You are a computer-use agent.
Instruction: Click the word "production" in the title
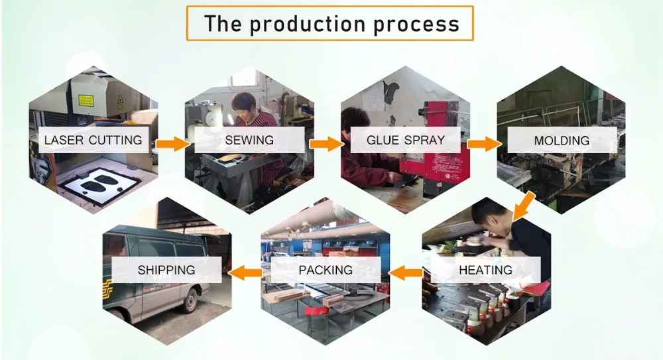point(307,24)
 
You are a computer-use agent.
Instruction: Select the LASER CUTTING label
point(93,140)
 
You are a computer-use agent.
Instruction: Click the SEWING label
point(249,140)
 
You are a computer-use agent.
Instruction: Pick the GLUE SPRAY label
point(406,140)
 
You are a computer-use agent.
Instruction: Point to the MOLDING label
point(562,141)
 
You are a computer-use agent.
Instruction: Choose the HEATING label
point(485,270)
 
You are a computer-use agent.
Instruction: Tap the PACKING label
point(326,270)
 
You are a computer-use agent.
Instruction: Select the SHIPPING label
point(166,270)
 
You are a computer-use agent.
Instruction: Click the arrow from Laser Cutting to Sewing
point(173,144)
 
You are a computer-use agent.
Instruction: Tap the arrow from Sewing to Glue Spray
point(327,144)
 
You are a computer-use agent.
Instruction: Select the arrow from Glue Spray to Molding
point(484,144)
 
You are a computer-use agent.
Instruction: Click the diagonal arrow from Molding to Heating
point(523,206)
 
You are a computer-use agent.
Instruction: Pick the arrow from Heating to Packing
point(406,273)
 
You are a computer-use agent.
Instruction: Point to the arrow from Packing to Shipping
point(246,273)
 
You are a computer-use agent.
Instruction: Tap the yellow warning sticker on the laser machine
point(86,100)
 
